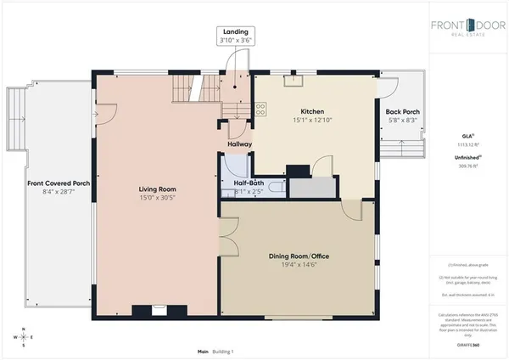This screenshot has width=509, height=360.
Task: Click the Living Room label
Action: click(x=156, y=189)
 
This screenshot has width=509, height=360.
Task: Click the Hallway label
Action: click(x=238, y=144)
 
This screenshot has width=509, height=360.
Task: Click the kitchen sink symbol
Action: click(x=294, y=81)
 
